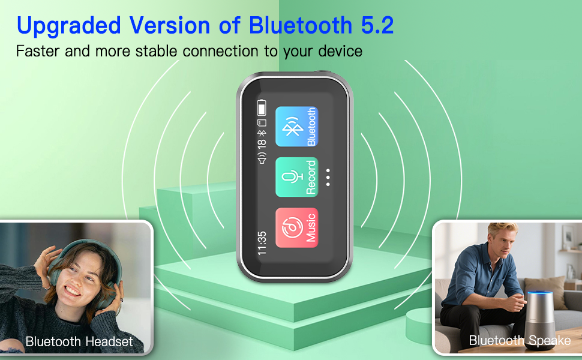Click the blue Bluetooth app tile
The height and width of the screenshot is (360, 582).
(x=296, y=127)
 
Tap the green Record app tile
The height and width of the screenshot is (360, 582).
(x=296, y=178)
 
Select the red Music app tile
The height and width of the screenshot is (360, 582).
(x=296, y=228)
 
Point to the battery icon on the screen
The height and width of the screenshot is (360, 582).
(x=262, y=108)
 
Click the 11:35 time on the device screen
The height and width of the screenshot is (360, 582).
(x=262, y=243)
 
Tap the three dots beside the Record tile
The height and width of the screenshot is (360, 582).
(x=328, y=178)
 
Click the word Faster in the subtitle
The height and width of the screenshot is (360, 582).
(x=37, y=51)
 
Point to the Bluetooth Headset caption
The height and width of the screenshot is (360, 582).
(x=79, y=342)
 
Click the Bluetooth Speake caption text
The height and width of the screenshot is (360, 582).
(x=520, y=341)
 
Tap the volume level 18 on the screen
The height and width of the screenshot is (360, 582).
(x=262, y=143)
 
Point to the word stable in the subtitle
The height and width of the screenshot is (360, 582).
(x=158, y=51)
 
